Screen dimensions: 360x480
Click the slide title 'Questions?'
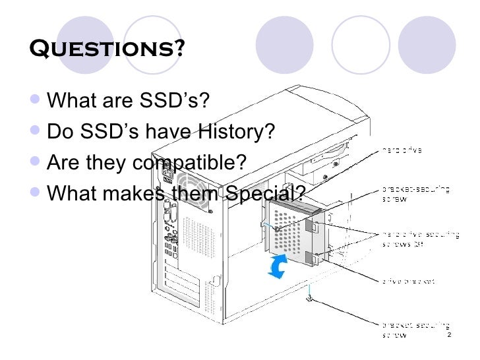(107, 49)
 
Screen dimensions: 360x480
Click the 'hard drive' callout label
(402, 150)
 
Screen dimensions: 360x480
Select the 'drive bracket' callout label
(407, 280)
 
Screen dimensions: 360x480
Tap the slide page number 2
(449, 337)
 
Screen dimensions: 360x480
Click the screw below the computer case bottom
(310, 300)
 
